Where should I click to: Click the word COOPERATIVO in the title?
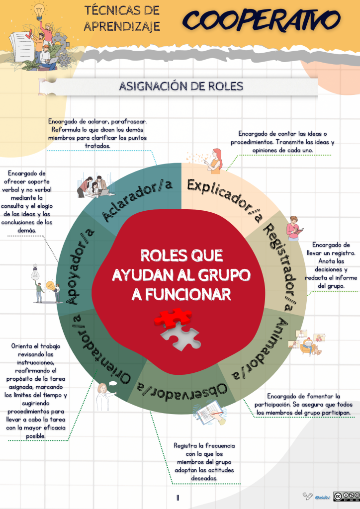click(x=262, y=20)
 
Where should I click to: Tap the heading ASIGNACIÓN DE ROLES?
click(x=181, y=86)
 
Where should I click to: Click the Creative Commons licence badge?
click(x=346, y=496)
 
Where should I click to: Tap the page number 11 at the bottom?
click(x=178, y=497)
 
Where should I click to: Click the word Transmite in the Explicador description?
click(x=293, y=142)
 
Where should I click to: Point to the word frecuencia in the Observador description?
click(x=219, y=445)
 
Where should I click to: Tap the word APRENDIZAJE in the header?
click(x=122, y=26)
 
